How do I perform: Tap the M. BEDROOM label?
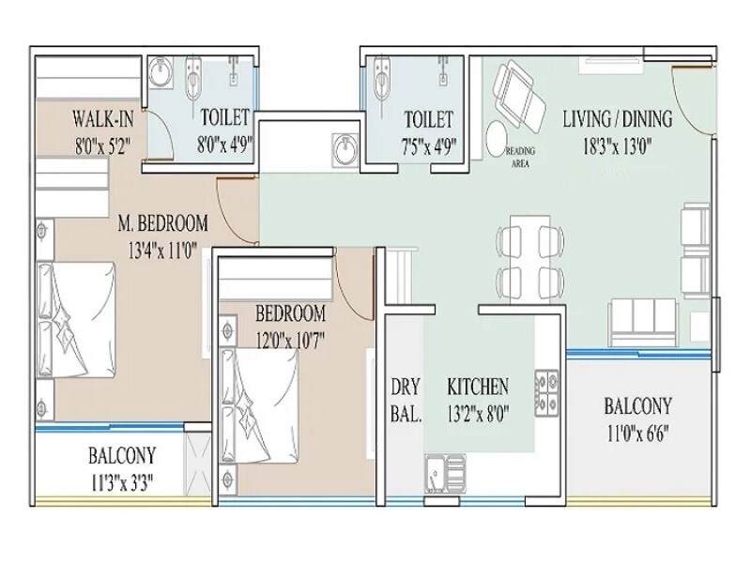coord(162,224)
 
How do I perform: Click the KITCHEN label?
coord(478,387)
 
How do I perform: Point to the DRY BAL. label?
coord(406,399)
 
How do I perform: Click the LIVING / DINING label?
coord(617,119)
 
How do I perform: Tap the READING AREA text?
coord(522,156)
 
